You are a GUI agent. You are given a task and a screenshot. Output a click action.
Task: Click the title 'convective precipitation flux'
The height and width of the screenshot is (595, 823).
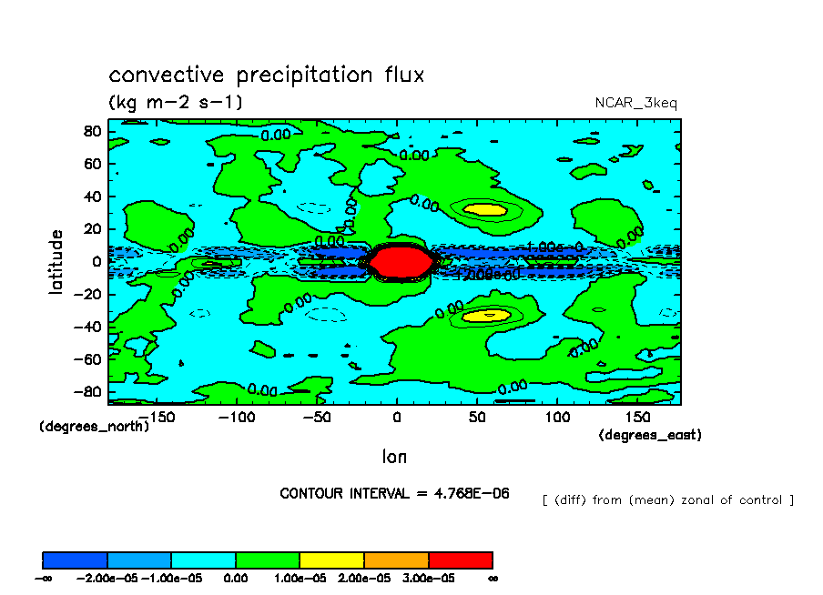point(266,75)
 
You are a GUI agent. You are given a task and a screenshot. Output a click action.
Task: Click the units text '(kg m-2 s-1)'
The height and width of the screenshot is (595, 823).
point(176,102)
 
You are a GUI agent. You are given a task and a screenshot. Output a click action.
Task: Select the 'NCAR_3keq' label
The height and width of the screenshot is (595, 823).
point(635,103)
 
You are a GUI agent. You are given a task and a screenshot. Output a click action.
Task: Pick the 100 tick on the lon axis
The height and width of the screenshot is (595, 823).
point(556,417)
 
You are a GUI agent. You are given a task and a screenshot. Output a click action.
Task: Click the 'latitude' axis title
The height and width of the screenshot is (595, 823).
point(56,261)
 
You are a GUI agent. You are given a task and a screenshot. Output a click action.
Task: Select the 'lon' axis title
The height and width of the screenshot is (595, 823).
point(394,455)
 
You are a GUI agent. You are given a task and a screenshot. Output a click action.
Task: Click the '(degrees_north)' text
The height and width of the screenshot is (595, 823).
point(94,426)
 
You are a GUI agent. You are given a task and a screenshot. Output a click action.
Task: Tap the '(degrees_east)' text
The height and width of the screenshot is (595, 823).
point(650,436)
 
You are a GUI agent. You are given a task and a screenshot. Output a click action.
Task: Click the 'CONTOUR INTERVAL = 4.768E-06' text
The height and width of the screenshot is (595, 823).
point(394,493)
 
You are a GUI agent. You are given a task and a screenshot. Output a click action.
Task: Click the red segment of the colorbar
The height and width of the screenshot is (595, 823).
point(460,560)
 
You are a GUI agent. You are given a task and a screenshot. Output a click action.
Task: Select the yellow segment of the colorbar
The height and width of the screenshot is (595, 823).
point(331,560)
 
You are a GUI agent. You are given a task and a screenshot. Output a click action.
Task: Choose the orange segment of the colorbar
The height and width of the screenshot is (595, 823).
point(396,560)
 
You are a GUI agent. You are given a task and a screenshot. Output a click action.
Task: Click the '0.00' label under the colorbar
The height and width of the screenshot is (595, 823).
point(236,577)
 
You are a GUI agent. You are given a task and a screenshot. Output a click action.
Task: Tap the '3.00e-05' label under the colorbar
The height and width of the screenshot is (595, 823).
point(428,577)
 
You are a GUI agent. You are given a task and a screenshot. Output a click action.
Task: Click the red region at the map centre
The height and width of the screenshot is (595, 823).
point(396,262)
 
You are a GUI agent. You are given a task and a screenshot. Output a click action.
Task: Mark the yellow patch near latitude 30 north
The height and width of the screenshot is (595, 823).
point(484,210)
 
